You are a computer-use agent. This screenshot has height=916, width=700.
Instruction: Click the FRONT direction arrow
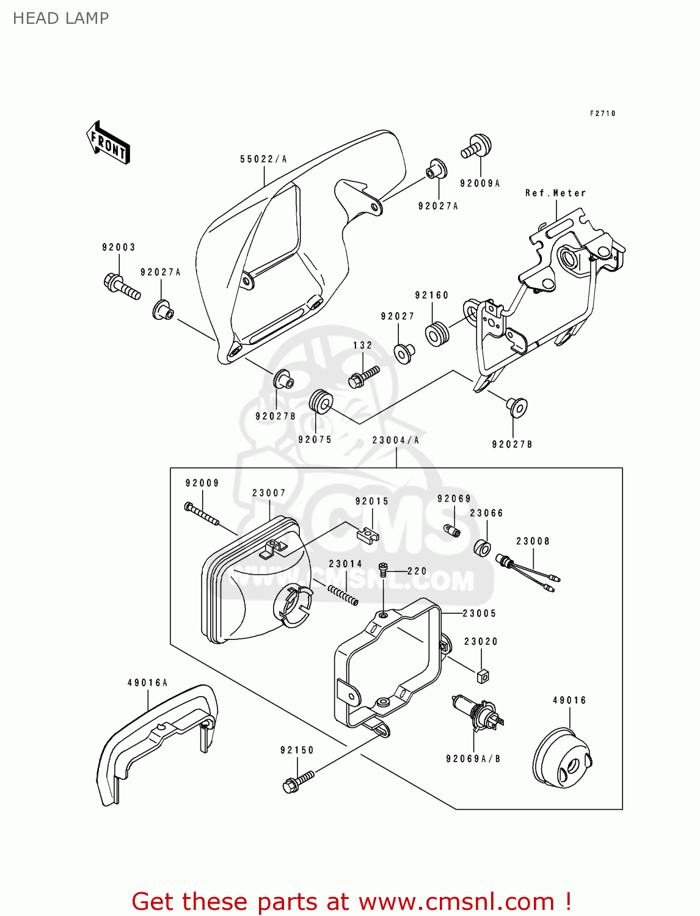(109, 142)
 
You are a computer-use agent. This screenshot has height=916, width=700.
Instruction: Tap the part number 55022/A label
(263, 159)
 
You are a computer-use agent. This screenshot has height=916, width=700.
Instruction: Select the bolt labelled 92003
(122, 288)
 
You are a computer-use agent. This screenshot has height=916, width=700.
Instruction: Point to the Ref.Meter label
(555, 193)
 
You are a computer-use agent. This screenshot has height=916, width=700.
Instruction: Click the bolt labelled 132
(363, 376)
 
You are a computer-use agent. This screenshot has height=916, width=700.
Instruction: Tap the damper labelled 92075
(320, 401)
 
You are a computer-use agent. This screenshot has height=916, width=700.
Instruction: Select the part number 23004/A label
(395, 440)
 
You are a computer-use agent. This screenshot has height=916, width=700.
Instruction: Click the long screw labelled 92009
(202, 514)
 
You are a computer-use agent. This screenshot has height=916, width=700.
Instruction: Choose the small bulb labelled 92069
(453, 531)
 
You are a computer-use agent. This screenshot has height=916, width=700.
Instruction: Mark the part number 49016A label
(147, 683)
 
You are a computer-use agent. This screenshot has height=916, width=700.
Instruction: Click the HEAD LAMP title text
(60, 18)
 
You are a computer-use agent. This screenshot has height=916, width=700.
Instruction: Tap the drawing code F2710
(602, 114)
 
